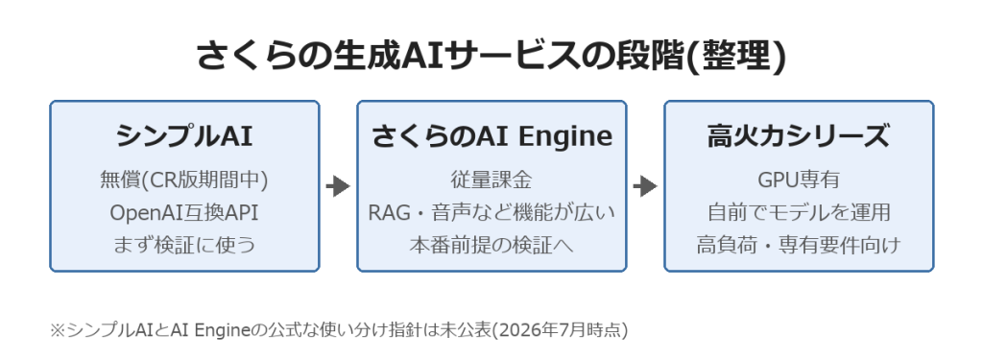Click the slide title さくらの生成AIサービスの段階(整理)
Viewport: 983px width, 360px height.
tap(491, 55)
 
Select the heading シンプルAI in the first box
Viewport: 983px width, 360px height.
tap(184, 135)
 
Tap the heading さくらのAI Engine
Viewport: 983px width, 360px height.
tap(491, 136)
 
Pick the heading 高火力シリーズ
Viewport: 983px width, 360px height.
tap(798, 135)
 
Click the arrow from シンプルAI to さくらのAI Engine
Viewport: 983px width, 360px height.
tap(338, 185)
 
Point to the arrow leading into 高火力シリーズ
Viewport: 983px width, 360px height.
tap(645, 185)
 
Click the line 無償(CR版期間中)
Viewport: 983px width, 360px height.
tap(184, 180)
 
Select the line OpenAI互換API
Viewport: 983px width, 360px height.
tap(184, 212)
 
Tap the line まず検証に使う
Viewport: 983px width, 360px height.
tap(184, 245)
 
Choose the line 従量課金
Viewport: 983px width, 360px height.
tap(491, 180)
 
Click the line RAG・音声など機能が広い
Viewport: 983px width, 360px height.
tap(491, 212)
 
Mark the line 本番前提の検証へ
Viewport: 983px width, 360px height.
tap(491, 245)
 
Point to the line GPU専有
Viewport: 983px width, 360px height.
tap(799, 180)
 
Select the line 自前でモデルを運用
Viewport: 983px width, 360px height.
tap(799, 212)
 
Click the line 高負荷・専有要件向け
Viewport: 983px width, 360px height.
tap(799, 245)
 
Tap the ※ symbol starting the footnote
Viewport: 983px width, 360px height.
tap(57, 330)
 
